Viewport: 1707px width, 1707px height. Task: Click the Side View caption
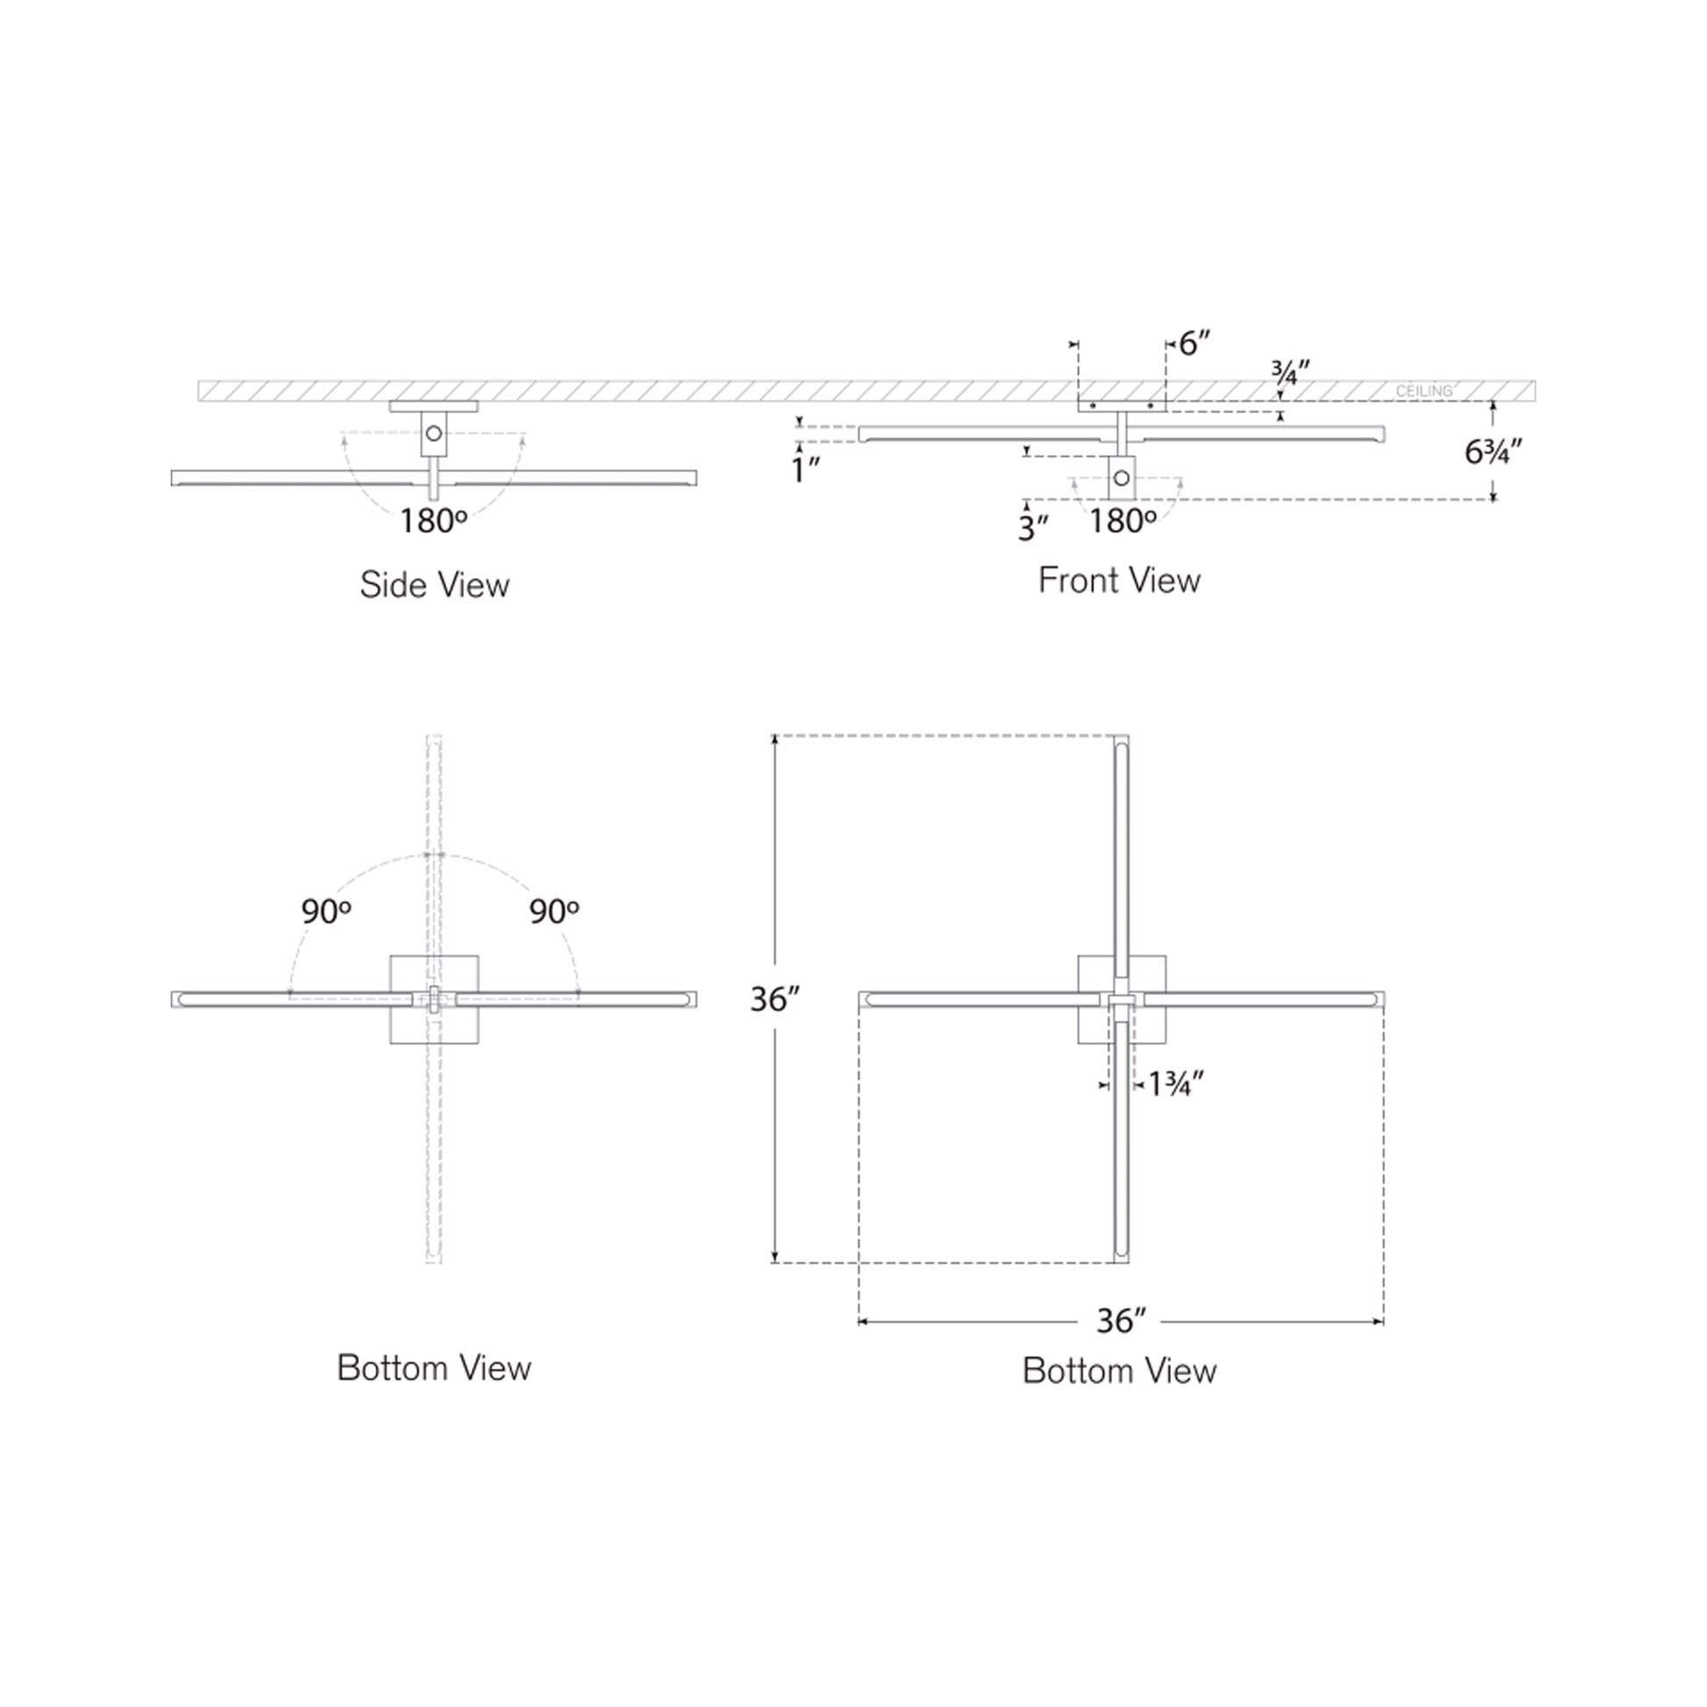pos(434,585)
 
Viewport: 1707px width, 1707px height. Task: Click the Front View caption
pos(1118,581)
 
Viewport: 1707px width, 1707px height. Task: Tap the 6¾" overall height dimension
pos(1492,453)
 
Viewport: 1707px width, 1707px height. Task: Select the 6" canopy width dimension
pos(1194,343)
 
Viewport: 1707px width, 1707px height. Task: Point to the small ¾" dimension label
pos(1290,372)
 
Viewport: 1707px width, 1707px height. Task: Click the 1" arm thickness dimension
pos(806,470)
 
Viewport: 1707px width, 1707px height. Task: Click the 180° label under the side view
pos(432,521)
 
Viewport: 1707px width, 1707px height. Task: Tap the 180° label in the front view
pos(1121,521)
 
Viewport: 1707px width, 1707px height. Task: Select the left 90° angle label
pos(326,911)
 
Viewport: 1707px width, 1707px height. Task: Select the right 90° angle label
pos(554,911)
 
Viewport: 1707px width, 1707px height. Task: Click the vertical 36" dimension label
pos(775,999)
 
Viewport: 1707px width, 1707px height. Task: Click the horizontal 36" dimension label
pos(1120,1346)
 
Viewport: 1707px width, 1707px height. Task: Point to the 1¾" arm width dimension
pos(1175,1083)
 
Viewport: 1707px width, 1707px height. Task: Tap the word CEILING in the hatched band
pos(1424,390)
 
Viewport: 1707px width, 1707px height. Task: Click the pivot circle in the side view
pos(434,434)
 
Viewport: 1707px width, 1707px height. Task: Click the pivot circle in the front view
pos(1121,478)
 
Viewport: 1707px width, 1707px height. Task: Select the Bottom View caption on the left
pos(434,1368)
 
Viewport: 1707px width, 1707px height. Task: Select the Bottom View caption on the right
pos(1118,1370)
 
